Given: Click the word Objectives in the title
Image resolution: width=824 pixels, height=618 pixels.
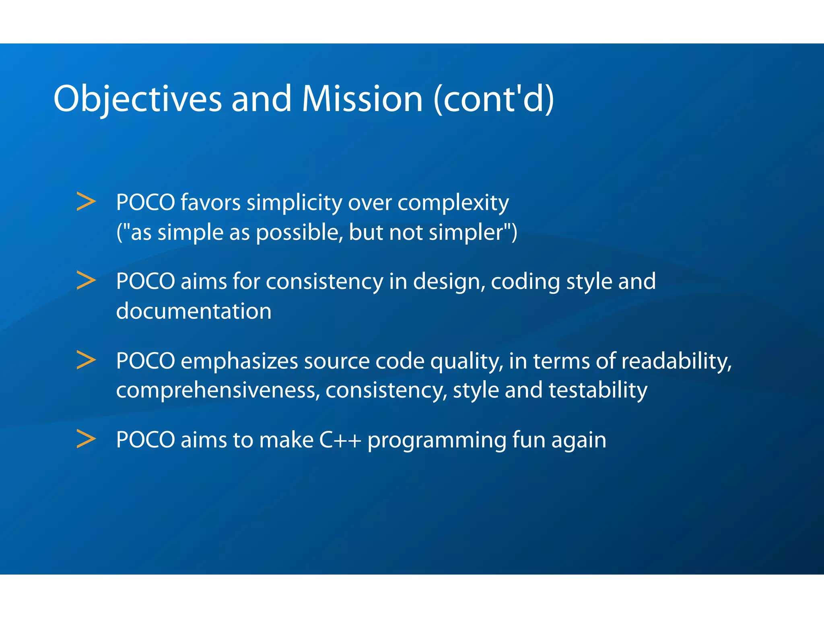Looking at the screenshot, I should coord(137,99).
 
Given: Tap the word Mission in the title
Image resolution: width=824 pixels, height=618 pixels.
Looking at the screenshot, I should coord(362,99).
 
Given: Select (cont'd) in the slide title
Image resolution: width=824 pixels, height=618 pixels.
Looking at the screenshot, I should coord(494,99).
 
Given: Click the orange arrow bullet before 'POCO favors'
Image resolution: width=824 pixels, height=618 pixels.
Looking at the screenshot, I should coord(86,202).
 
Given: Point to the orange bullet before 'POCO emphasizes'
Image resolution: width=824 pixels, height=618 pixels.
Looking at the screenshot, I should coord(86,360).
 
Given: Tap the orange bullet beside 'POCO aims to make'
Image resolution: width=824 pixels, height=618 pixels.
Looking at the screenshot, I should coord(86,439).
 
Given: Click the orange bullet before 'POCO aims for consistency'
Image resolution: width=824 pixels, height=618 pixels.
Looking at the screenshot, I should coord(86,281).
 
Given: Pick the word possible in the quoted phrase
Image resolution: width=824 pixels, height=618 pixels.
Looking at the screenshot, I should coord(299,233).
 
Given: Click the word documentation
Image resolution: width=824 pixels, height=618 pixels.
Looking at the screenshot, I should coord(194,311).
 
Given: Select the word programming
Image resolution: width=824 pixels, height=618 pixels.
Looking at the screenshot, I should coord(437,441).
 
